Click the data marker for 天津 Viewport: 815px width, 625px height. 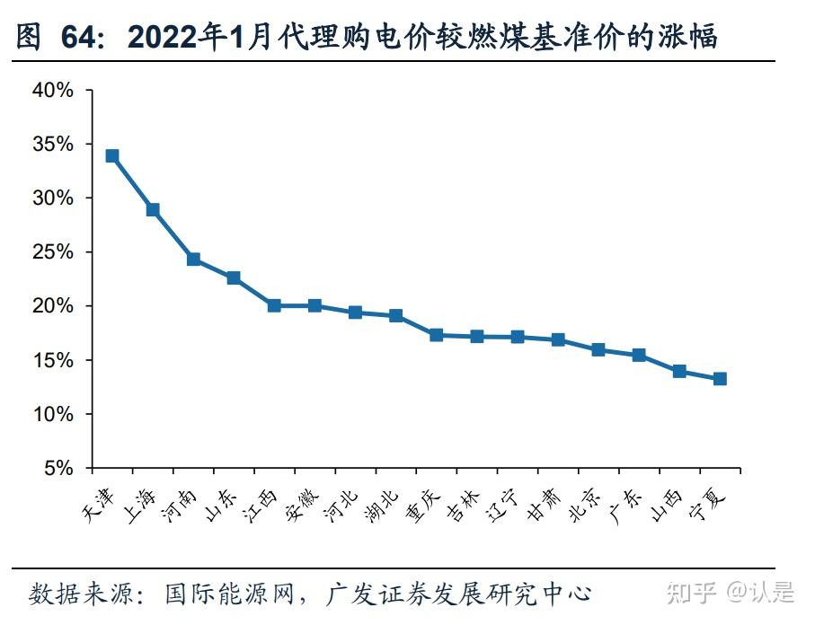click(112, 155)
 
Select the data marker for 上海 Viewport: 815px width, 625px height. click(153, 209)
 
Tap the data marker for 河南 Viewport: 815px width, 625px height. click(193, 260)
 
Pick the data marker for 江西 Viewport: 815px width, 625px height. click(274, 305)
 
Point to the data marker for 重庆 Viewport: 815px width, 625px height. click(437, 335)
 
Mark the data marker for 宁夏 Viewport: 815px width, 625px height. click(720, 379)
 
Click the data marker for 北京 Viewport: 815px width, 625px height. click(598, 349)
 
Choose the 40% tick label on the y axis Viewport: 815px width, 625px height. click(53, 90)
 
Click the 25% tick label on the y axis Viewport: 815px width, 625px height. click(53, 252)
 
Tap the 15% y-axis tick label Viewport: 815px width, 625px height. click(53, 360)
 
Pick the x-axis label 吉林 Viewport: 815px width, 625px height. click(465, 504)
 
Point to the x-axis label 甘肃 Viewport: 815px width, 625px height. click(545, 504)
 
